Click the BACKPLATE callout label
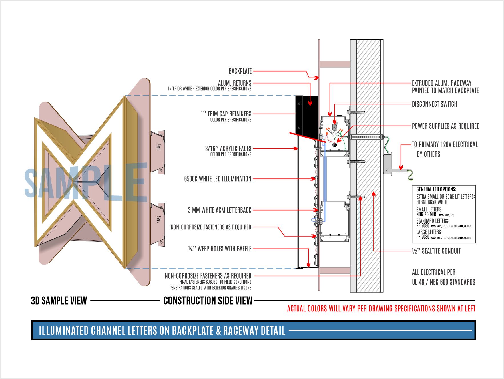pos(240,71)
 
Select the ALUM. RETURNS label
pos(234,83)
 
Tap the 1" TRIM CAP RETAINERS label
pos(226,114)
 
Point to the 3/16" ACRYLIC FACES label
pos(228,148)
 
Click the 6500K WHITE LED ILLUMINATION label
pos(218,179)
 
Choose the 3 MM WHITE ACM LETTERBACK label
pos(219,210)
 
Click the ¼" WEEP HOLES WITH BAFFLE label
pos(220,249)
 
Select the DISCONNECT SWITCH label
pos(434,104)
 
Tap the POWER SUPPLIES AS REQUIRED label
pos(445,126)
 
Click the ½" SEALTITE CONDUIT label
pos(436,251)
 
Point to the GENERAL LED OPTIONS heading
pos(436,189)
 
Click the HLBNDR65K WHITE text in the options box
pos(432,202)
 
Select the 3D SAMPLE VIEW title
pos(59,301)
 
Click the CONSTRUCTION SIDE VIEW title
pos(208,301)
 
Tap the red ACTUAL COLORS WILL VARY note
pos(381,309)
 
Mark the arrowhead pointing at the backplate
pos(317,78)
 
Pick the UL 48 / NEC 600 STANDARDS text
pos(443,282)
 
